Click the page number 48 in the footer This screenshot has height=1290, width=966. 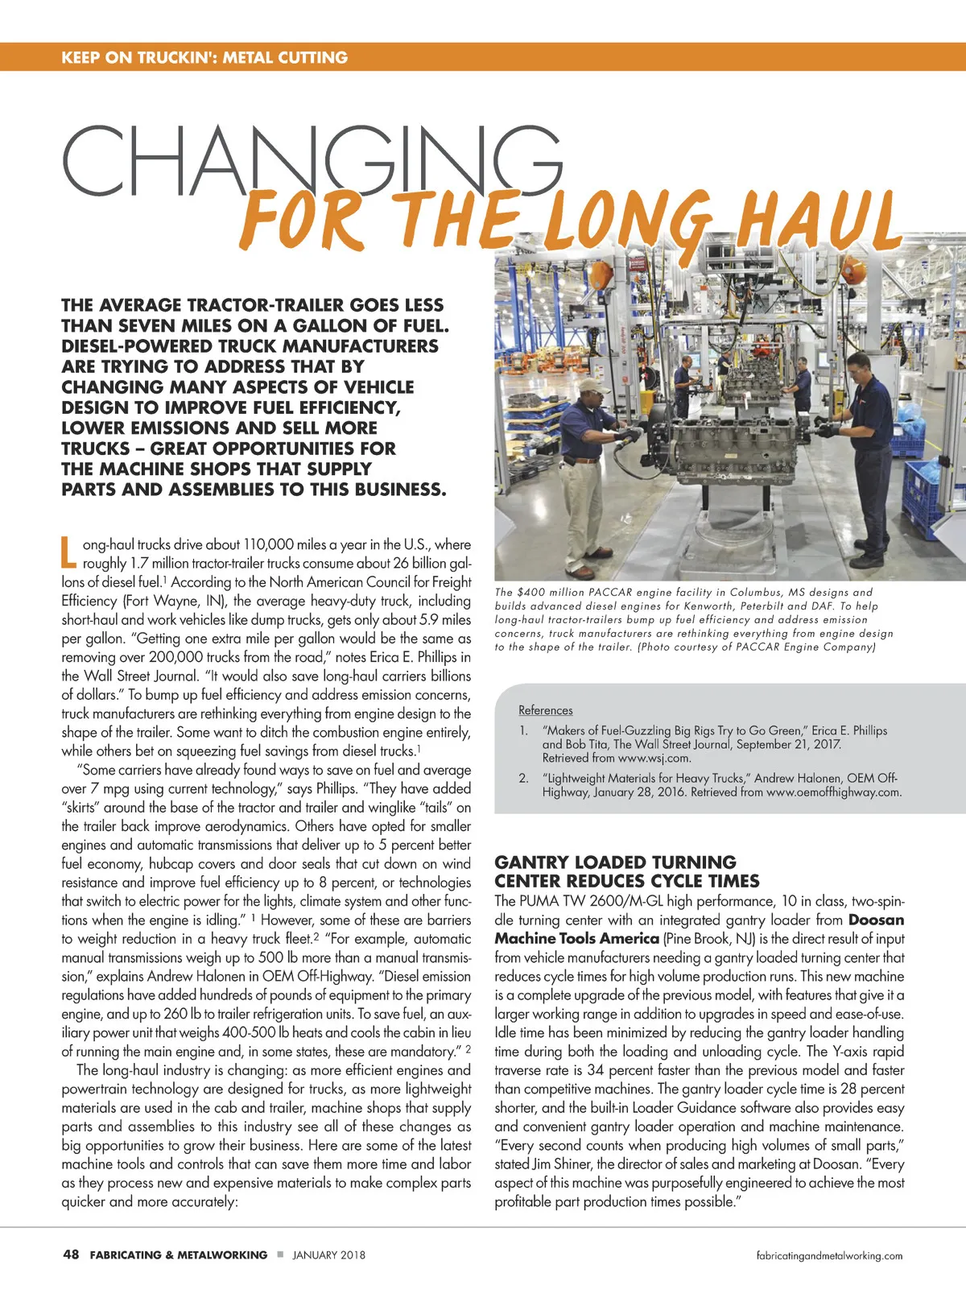coord(71,1255)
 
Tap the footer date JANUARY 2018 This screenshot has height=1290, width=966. coord(328,1255)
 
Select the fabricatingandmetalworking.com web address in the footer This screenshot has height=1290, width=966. coord(829,1255)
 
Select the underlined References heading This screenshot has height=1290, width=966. coord(546,710)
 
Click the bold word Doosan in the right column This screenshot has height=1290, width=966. coord(876,920)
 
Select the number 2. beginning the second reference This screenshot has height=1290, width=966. coord(523,778)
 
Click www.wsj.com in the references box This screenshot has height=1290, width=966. coord(654,758)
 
